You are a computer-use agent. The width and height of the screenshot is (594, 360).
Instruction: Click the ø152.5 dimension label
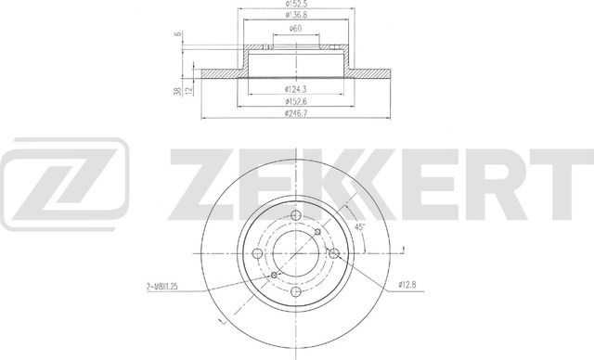(296, 6)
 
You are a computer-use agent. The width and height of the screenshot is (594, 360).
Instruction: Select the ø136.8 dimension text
(296, 17)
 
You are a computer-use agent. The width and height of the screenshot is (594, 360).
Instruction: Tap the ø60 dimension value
(295, 30)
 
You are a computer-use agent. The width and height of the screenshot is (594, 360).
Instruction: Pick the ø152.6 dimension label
(296, 102)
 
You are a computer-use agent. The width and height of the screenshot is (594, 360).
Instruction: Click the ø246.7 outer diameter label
(296, 114)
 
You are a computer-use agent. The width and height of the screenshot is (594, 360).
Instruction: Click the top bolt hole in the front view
(296, 216)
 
